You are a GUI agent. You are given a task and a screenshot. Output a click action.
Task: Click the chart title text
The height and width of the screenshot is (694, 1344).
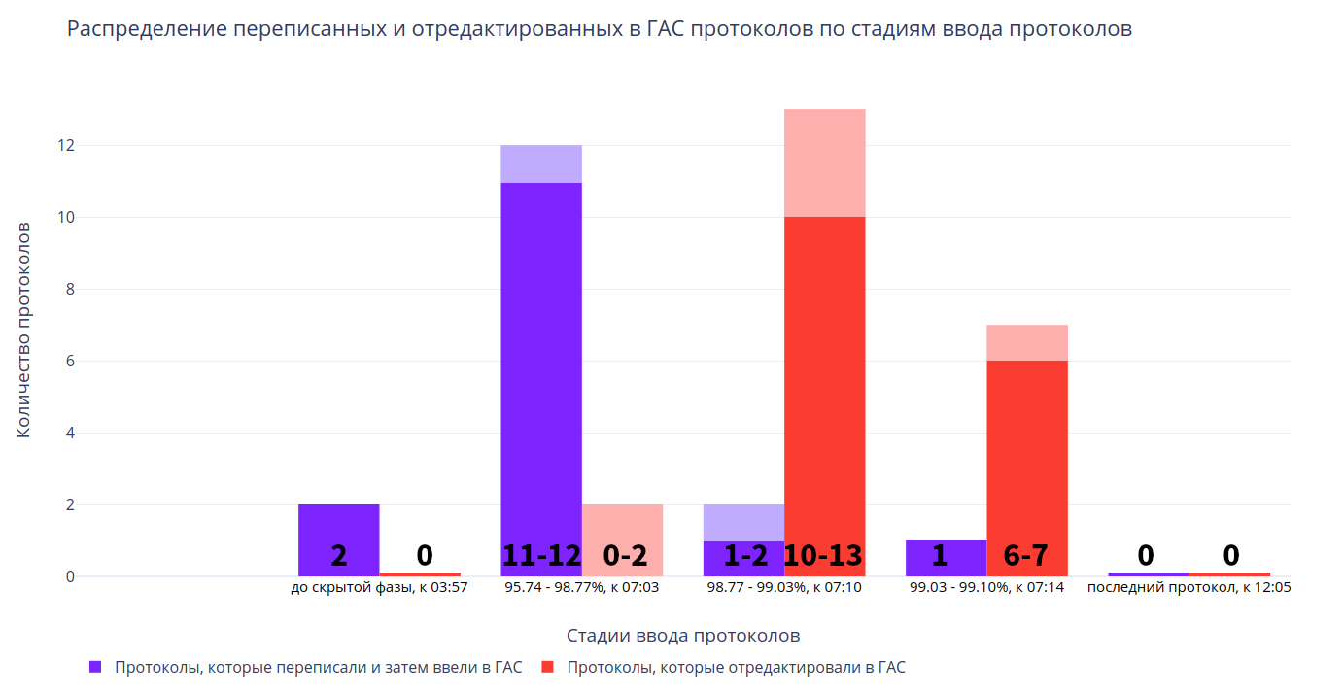pyautogui.click(x=600, y=29)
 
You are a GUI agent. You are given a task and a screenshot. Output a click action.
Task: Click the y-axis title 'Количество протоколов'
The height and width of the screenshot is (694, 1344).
pyautogui.click(x=24, y=330)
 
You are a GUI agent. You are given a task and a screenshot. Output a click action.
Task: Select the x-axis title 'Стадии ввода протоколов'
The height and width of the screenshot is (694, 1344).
pyautogui.click(x=682, y=636)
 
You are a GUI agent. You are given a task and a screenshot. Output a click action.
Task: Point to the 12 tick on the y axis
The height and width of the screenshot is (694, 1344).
pyautogui.click(x=65, y=146)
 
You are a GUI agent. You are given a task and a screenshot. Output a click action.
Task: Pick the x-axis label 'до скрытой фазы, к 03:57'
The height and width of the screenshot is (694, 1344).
pyautogui.click(x=379, y=588)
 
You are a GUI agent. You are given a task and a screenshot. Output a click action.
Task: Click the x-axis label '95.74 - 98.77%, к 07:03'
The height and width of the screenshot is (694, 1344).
pyautogui.click(x=581, y=588)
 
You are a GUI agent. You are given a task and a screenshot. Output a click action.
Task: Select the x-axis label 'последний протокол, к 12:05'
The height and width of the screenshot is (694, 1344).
pyautogui.click(x=1189, y=588)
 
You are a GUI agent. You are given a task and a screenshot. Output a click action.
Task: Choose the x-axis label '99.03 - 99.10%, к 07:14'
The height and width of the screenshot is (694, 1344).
pyautogui.click(x=986, y=588)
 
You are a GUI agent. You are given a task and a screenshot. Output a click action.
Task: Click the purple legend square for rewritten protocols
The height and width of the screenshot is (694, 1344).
pyautogui.click(x=95, y=667)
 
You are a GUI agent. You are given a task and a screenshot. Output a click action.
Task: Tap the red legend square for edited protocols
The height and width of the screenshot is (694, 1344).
pyautogui.click(x=548, y=667)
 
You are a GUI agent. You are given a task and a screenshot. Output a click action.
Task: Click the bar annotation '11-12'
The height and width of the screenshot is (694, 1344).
pyautogui.click(x=541, y=555)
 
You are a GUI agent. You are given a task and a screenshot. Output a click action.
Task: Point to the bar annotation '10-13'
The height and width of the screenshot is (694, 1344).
pyautogui.click(x=824, y=555)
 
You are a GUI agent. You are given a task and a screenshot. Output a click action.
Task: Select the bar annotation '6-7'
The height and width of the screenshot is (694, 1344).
pyautogui.click(x=1026, y=555)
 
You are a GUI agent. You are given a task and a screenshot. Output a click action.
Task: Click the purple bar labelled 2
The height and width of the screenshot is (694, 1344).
pyautogui.click(x=338, y=525)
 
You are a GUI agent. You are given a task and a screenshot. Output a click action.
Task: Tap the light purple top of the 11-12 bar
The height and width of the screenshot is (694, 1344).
pyautogui.click(x=541, y=163)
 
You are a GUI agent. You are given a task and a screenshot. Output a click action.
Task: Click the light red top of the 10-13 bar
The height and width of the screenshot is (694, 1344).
pyautogui.click(x=824, y=162)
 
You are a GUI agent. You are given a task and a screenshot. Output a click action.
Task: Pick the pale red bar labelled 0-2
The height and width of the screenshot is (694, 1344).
pyautogui.click(x=622, y=525)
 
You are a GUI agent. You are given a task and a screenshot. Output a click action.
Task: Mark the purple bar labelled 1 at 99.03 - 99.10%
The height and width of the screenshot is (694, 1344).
pyautogui.click(x=946, y=550)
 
